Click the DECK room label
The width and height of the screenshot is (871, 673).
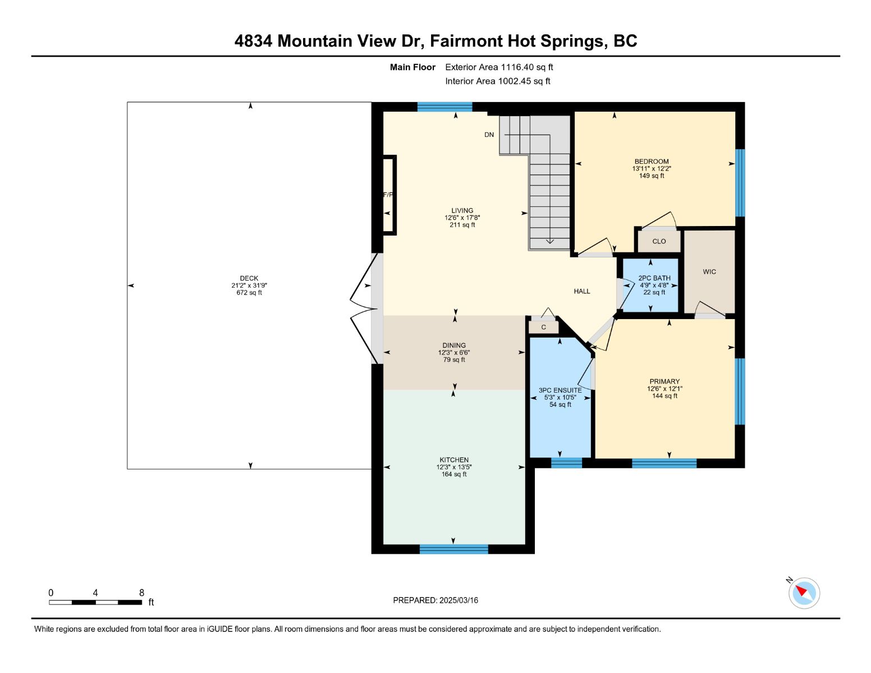tap(249, 278)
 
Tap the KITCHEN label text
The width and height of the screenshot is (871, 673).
tap(453, 460)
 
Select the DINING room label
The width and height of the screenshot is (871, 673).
tap(453, 345)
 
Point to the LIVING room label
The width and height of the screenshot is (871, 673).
tap(462, 210)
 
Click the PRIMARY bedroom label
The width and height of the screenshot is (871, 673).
tap(664, 381)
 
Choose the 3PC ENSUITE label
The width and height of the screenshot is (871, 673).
tap(560, 390)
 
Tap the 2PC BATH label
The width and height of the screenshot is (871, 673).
tap(654, 278)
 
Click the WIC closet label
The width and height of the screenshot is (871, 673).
tap(709, 272)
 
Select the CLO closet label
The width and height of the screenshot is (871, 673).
tap(659, 241)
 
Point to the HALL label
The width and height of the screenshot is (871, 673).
tap(581, 291)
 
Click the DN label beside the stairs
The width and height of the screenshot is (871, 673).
tap(489, 135)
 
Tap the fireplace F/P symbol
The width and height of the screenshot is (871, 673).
tap(388, 195)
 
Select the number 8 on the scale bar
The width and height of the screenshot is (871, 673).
tap(141, 593)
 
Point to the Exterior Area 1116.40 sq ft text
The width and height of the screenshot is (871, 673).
tap(499, 67)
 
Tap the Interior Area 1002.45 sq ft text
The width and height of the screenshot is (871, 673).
tap(497, 81)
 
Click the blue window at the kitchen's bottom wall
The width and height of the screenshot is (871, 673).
tap(453, 549)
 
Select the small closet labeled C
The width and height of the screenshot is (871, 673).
tap(543, 327)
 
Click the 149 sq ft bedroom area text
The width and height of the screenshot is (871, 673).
tap(652, 176)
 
